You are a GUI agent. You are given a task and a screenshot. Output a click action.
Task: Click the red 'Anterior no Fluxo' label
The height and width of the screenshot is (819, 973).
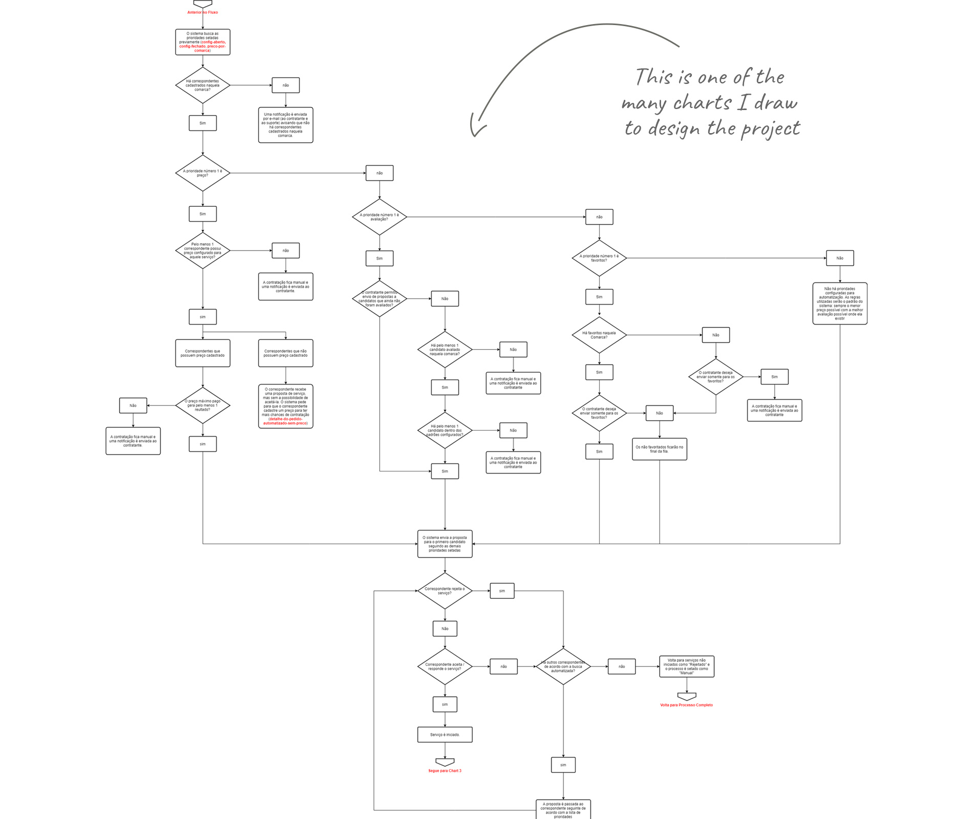pos(202,12)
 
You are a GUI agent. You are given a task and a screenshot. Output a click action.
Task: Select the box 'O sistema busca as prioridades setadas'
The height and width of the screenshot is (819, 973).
pos(202,42)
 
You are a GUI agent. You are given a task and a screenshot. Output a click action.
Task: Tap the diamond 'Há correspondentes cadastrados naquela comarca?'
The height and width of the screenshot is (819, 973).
pos(202,85)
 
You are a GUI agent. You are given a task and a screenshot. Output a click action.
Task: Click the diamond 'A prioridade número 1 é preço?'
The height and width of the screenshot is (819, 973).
pos(202,173)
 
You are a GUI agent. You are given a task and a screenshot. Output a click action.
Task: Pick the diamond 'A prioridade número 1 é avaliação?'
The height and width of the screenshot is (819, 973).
pos(379,217)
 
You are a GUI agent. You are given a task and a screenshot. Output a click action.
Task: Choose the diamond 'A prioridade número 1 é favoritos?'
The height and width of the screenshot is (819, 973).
pos(599,258)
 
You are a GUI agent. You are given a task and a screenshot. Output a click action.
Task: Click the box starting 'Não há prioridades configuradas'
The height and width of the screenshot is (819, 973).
pos(840,304)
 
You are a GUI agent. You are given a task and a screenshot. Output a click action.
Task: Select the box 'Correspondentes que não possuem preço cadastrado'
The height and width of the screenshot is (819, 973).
pos(286,353)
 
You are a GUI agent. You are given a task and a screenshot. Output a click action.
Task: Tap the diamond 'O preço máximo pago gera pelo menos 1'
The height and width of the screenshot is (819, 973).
pos(202,405)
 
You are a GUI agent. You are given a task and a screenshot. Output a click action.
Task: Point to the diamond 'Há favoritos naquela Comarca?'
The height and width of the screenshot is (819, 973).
pos(599,335)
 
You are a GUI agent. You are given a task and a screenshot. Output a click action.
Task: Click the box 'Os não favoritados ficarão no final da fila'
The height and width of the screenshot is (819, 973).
pos(660,449)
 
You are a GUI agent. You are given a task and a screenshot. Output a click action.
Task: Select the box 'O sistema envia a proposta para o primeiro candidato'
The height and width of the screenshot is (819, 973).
pos(445,544)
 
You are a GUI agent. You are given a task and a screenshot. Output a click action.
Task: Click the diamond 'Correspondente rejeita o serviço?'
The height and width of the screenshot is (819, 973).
pos(445,591)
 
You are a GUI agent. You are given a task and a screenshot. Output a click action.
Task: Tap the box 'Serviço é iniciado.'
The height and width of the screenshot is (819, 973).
pos(445,735)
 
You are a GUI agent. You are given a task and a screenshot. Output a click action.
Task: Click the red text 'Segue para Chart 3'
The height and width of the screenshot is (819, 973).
pos(445,771)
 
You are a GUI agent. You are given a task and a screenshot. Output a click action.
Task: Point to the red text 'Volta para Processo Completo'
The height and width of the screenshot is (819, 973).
pos(686,705)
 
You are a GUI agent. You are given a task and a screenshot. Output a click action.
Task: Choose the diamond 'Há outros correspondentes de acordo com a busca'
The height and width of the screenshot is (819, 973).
pos(563,666)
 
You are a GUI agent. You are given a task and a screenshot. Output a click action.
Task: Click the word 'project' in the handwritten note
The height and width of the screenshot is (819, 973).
pos(771,128)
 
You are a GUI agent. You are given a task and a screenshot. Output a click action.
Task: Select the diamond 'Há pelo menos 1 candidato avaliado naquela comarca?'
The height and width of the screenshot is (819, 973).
pos(445,350)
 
